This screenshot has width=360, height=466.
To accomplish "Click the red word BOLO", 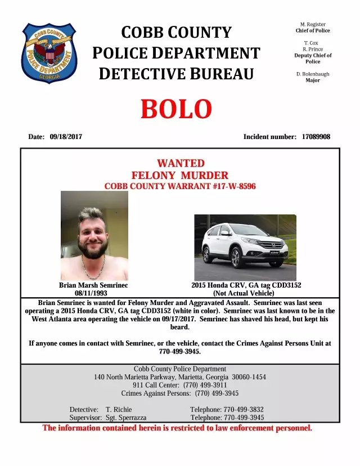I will point(176,109).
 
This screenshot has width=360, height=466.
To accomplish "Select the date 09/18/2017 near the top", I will point(66,137).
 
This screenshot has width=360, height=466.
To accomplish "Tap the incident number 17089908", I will point(316,137).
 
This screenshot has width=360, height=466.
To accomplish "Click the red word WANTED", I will point(180,163).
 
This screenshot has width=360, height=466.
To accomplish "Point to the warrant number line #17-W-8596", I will point(180,186).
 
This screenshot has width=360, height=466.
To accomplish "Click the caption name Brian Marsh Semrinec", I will point(93,285).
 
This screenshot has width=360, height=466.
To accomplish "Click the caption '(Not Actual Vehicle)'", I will point(244,293).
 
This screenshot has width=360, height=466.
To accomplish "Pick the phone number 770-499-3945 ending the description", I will point(180,351).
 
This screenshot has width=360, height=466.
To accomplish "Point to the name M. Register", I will point(313,25).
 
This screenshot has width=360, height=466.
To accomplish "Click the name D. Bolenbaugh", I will point(313,74).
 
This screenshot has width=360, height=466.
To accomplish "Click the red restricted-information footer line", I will point(177,428).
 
